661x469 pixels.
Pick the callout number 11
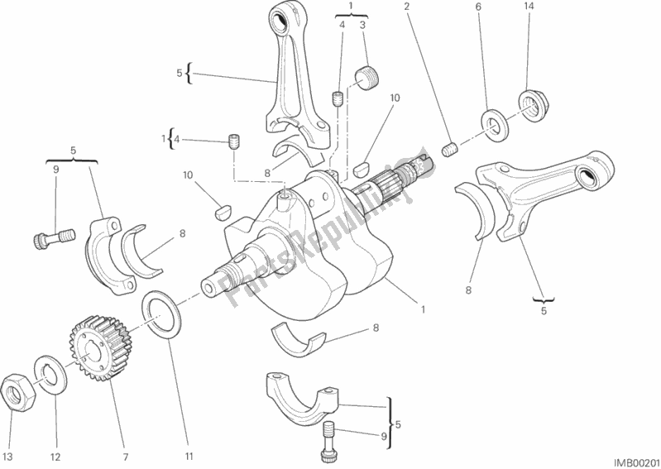tap(189, 457)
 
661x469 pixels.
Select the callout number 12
tap(56, 457)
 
